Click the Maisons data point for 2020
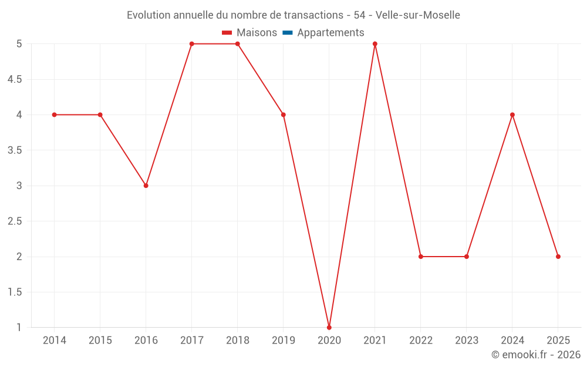pos(329,327)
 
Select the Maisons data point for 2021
pos(375,44)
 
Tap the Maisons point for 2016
pos(146,186)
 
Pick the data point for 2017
pos(192,44)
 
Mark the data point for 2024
pos(512,115)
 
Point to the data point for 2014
pos(55,115)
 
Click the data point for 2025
pos(558,257)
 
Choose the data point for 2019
pos(284,115)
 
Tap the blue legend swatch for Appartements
pos(287,33)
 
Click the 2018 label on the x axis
pos(238,341)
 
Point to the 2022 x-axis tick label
pos(421,341)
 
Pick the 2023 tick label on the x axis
pos(467,341)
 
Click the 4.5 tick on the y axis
pos(15,79)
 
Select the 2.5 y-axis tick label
pos(15,221)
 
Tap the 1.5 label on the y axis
pos(15,292)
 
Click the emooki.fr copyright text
pos(536,355)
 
